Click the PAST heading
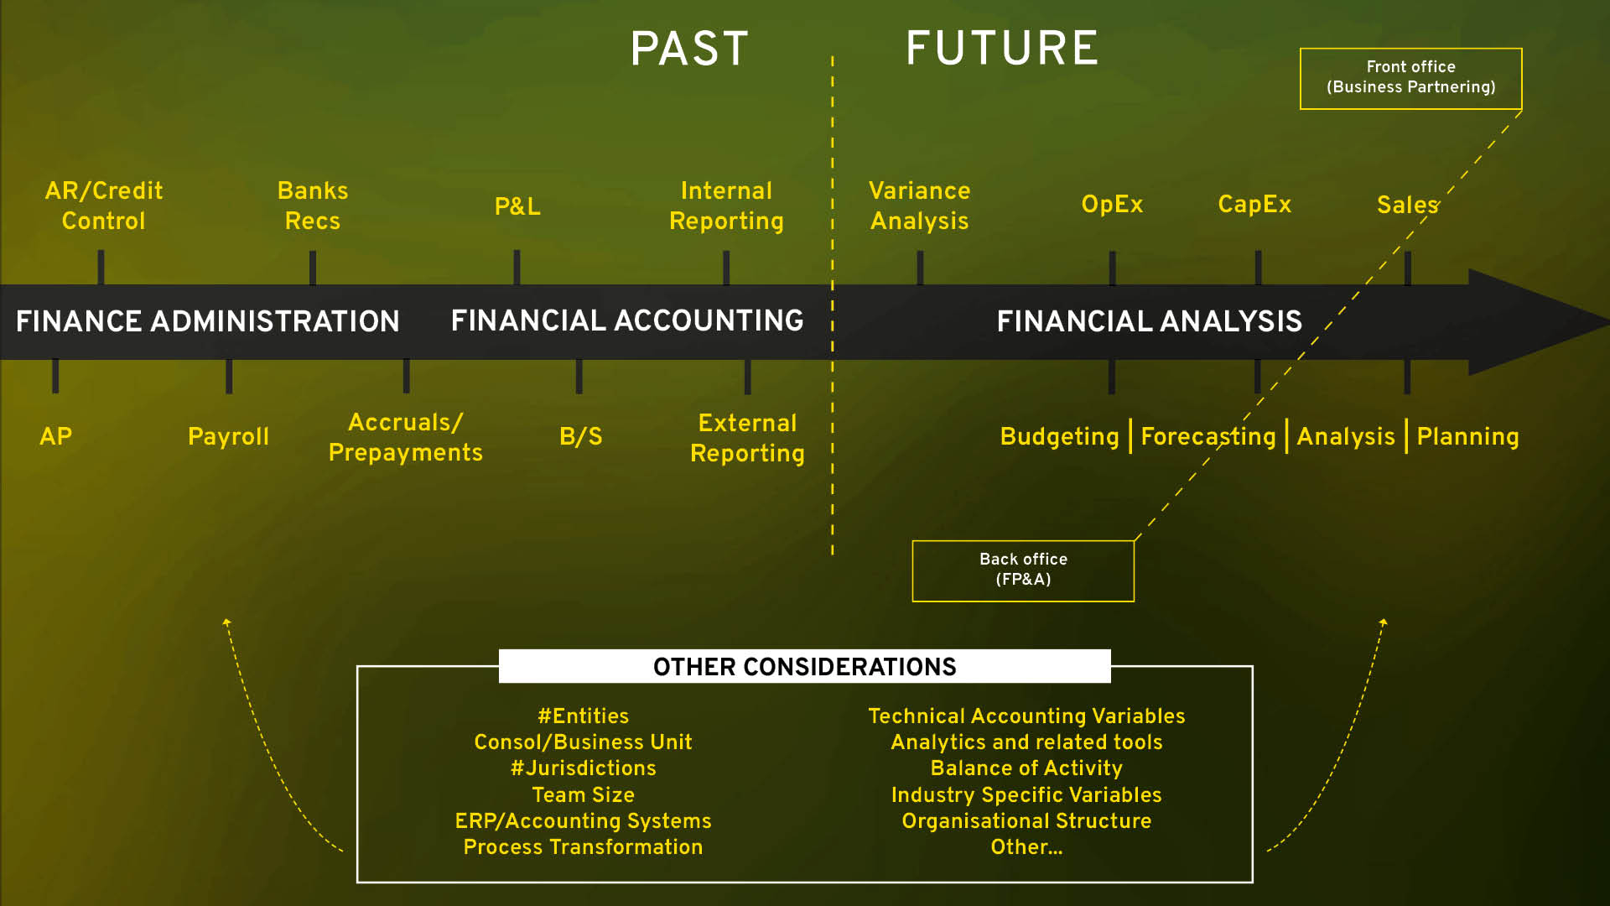689,49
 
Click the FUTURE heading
1002,48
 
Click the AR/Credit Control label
104,206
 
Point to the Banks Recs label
313,206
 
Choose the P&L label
517,206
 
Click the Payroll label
228,436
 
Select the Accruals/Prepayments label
406,437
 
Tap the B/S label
580,436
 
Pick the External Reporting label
747,438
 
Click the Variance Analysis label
920,206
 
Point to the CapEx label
1254,205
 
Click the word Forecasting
1208,436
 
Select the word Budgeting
1060,436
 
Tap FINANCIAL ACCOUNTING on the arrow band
627,320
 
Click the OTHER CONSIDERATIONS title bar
805,667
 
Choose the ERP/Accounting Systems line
583,820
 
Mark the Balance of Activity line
1026,768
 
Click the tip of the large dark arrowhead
1608,321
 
